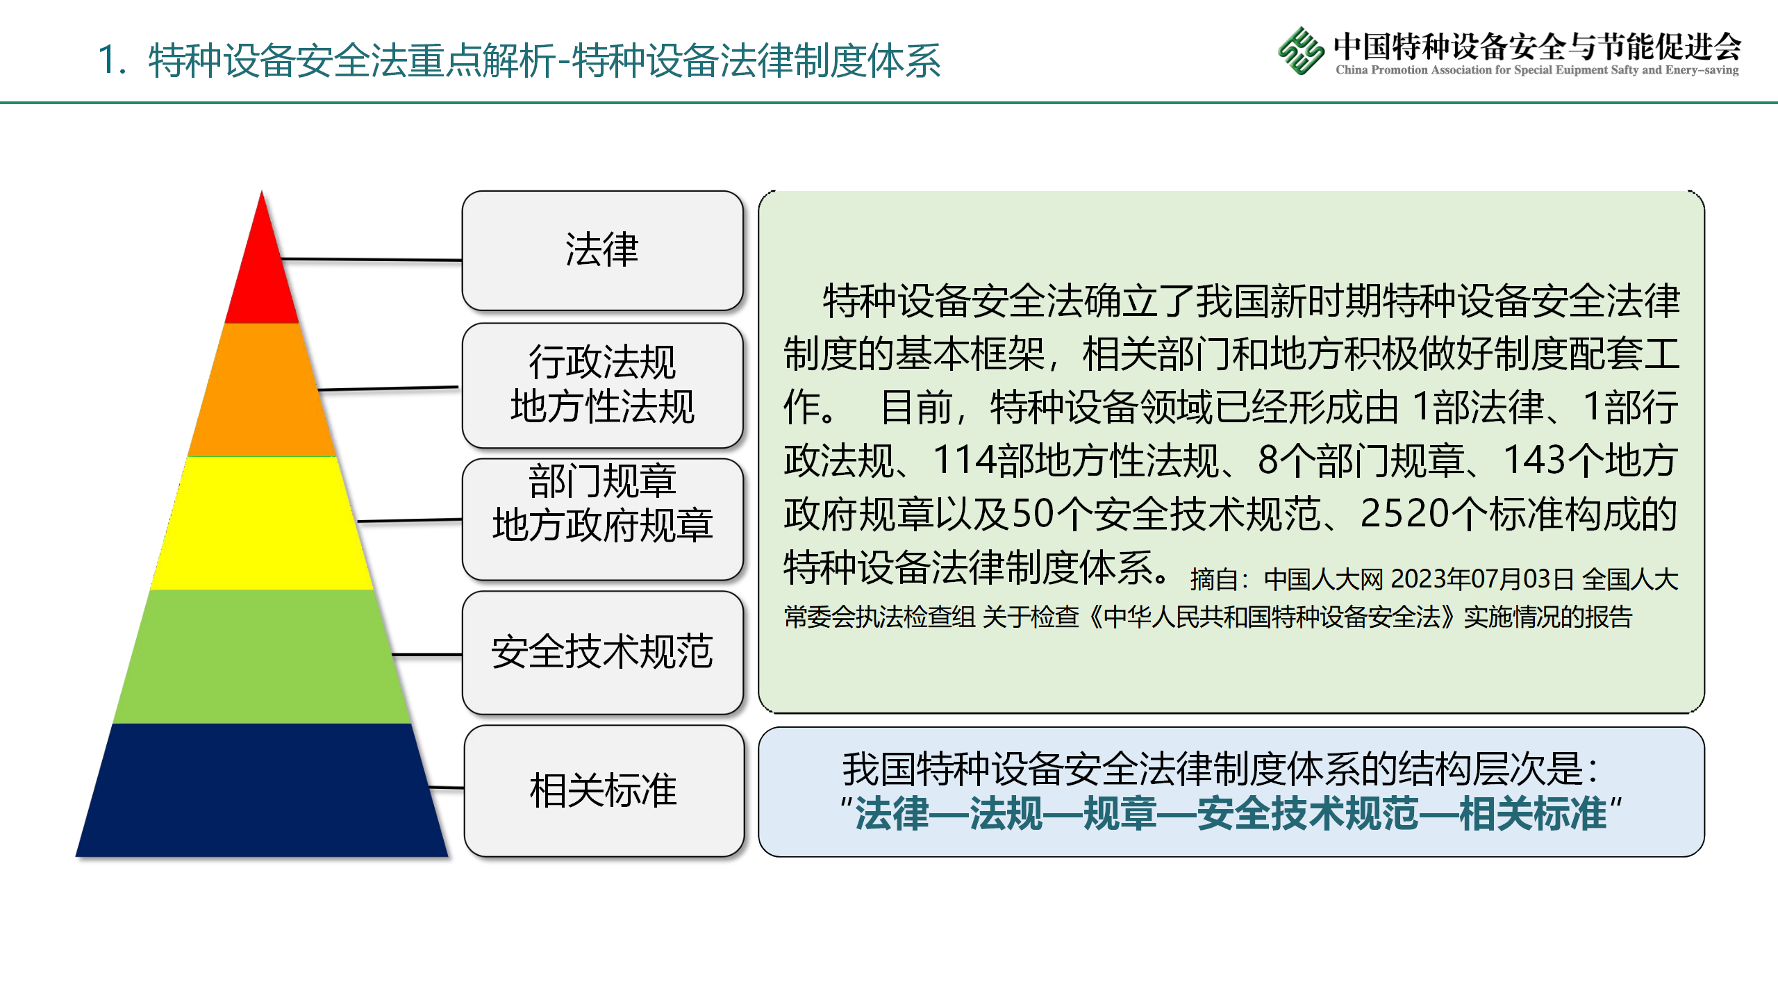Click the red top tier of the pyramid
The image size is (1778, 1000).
(262, 271)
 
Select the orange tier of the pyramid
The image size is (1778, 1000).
(262, 390)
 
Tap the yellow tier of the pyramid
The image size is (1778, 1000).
(262, 524)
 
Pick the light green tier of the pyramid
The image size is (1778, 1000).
(262, 657)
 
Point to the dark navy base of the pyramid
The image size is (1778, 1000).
(262, 790)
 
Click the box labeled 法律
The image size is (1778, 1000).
(602, 251)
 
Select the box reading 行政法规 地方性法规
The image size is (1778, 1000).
(602, 385)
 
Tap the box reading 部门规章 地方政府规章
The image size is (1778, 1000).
(602, 519)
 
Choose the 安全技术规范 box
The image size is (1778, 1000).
(602, 652)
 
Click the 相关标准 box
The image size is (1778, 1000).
(604, 791)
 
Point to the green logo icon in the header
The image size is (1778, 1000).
(1301, 50)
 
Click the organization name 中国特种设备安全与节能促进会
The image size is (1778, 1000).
(1537, 46)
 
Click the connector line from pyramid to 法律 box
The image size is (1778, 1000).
(372, 260)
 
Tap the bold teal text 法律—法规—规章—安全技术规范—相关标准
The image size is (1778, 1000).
(1231, 813)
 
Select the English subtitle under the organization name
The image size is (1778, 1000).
(1537, 69)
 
